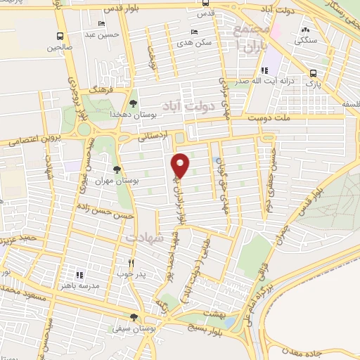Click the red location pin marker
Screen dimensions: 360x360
click(181, 165)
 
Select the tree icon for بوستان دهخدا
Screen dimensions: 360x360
click(134, 105)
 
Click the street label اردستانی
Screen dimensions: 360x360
click(152, 139)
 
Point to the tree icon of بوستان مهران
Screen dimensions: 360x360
click(117, 169)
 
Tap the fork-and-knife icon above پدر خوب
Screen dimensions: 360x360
click(130, 262)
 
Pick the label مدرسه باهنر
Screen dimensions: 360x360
click(80, 284)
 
